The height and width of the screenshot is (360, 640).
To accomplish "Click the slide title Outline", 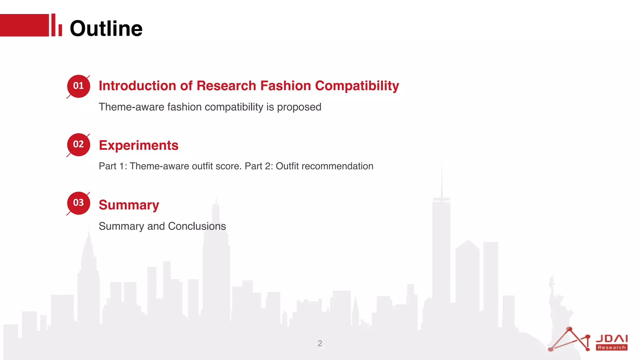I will pos(106,28).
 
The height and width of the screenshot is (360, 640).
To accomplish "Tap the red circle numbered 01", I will pos(78,86).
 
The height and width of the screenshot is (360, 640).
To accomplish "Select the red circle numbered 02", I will pos(78,145).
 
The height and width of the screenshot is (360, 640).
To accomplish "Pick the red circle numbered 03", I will pos(78,203).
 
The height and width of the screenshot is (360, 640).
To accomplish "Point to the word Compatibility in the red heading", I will pos(357,86).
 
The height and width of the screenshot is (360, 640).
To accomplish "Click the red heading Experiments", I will pos(138,146).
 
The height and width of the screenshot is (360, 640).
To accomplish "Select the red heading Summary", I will pos(129,205).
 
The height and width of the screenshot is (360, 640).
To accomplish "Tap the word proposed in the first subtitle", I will pos(299,107).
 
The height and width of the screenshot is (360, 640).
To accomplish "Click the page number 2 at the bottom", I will pos(320,343).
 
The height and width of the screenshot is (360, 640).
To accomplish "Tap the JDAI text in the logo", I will pos(612,339).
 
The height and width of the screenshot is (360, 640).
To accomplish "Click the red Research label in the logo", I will pos(612,347).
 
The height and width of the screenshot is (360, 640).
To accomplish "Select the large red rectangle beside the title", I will pos(24,25).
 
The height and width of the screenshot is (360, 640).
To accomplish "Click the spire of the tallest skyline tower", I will pos(442,178).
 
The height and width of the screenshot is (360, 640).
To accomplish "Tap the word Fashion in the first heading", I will pos(285,86).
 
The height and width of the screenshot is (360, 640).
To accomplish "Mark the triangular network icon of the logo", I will pos(570,340).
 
